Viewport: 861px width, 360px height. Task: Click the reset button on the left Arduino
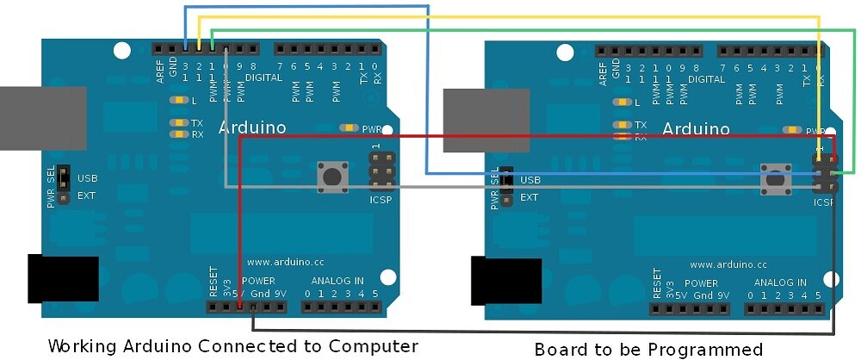pyautogui.click(x=331, y=177)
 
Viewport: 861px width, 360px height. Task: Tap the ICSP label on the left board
pyautogui.click(x=381, y=200)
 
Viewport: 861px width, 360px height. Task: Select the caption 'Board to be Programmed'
pyautogui.click(x=648, y=349)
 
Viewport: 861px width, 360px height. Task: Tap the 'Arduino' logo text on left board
pyautogui.click(x=251, y=128)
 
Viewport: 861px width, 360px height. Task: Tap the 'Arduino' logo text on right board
pyautogui.click(x=696, y=129)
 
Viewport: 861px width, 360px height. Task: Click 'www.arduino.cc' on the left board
pyautogui.click(x=285, y=262)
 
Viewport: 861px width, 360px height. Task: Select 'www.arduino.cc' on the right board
pyautogui.click(x=728, y=264)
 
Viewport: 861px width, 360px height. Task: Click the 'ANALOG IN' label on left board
pyautogui.click(x=338, y=281)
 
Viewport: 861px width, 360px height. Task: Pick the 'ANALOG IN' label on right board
pyautogui.click(x=781, y=282)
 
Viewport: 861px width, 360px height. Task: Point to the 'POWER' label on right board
pyautogui.click(x=701, y=282)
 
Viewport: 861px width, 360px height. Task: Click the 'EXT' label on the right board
pyautogui.click(x=530, y=197)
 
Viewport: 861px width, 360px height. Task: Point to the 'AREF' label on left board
pyautogui.click(x=160, y=71)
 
